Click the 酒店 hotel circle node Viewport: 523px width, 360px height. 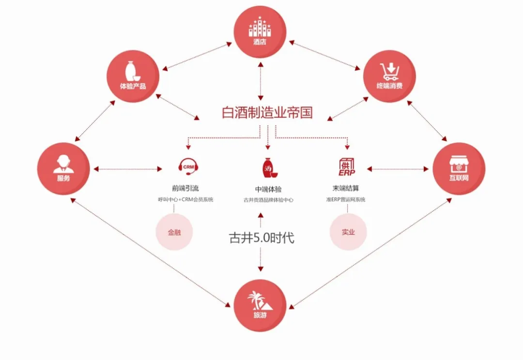[260, 32]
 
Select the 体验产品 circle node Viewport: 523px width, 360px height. [133, 76]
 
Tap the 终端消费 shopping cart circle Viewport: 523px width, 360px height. [389, 76]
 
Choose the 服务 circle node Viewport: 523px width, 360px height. [63, 169]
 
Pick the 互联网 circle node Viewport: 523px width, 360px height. [459, 169]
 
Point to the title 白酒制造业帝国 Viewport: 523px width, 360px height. [267, 113]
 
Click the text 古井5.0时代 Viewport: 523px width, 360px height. [261, 238]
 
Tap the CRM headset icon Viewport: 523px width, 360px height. [188, 168]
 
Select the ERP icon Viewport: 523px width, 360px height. [347, 167]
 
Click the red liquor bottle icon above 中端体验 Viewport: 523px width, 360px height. [269, 168]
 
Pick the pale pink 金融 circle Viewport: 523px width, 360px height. [174, 232]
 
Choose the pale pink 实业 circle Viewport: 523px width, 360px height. [348, 232]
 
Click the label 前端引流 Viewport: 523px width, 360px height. [185, 188]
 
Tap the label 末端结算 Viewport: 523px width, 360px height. [346, 188]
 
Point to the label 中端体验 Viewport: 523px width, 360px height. [268, 189]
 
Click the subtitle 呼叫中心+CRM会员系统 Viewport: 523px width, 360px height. [185, 200]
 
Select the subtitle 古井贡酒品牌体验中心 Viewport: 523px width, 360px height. [268, 200]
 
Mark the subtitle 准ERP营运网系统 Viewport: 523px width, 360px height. [346, 200]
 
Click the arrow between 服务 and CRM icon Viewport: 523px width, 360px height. [128, 169]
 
